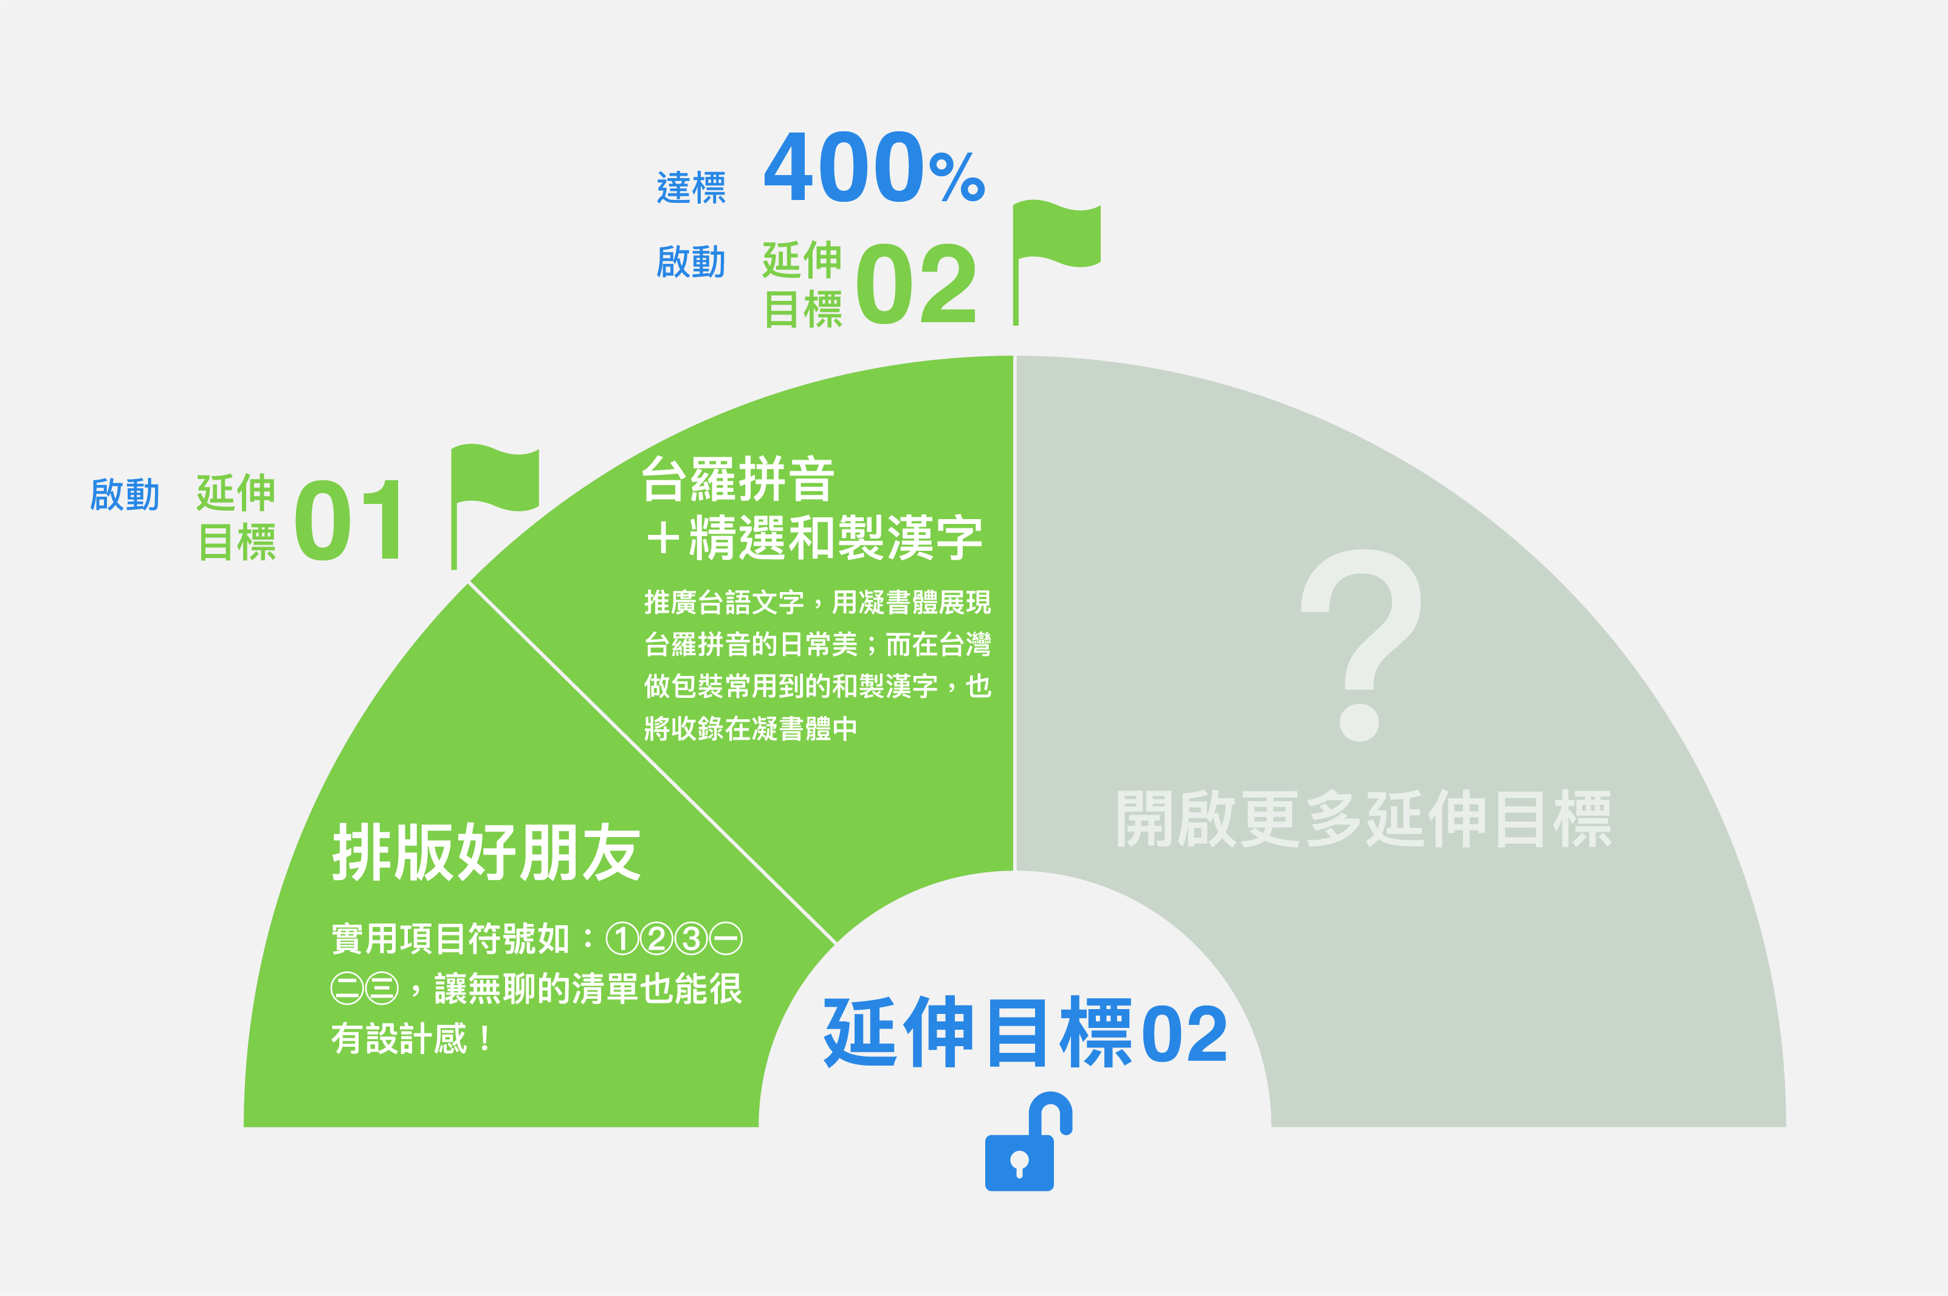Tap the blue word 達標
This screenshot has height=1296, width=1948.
tap(691, 188)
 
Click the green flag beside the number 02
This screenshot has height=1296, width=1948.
tap(1055, 260)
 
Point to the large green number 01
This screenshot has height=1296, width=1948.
tap(348, 520)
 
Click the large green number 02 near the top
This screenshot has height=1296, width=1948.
tap(916, 283)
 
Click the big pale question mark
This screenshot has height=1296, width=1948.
tap(1361, 645)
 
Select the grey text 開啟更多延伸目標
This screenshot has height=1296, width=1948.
tap(1364, 818)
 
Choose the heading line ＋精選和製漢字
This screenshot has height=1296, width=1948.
tap(813, 537)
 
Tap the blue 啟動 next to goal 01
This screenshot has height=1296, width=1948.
tap(125, 494)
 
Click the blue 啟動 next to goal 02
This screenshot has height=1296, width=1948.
tap(691, 261)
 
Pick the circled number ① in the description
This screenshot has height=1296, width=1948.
tap(622, 938)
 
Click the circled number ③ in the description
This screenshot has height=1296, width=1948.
tap(692, 938)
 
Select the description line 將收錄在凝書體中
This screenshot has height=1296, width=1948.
tap(751, 728)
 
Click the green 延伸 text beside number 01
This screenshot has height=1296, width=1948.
tap(236, 494)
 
